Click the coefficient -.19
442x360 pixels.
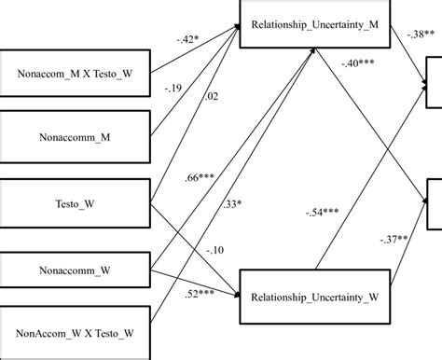pos(173,88)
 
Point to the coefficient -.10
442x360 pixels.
pos(215,250)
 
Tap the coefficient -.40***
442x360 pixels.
pos(356,63)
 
